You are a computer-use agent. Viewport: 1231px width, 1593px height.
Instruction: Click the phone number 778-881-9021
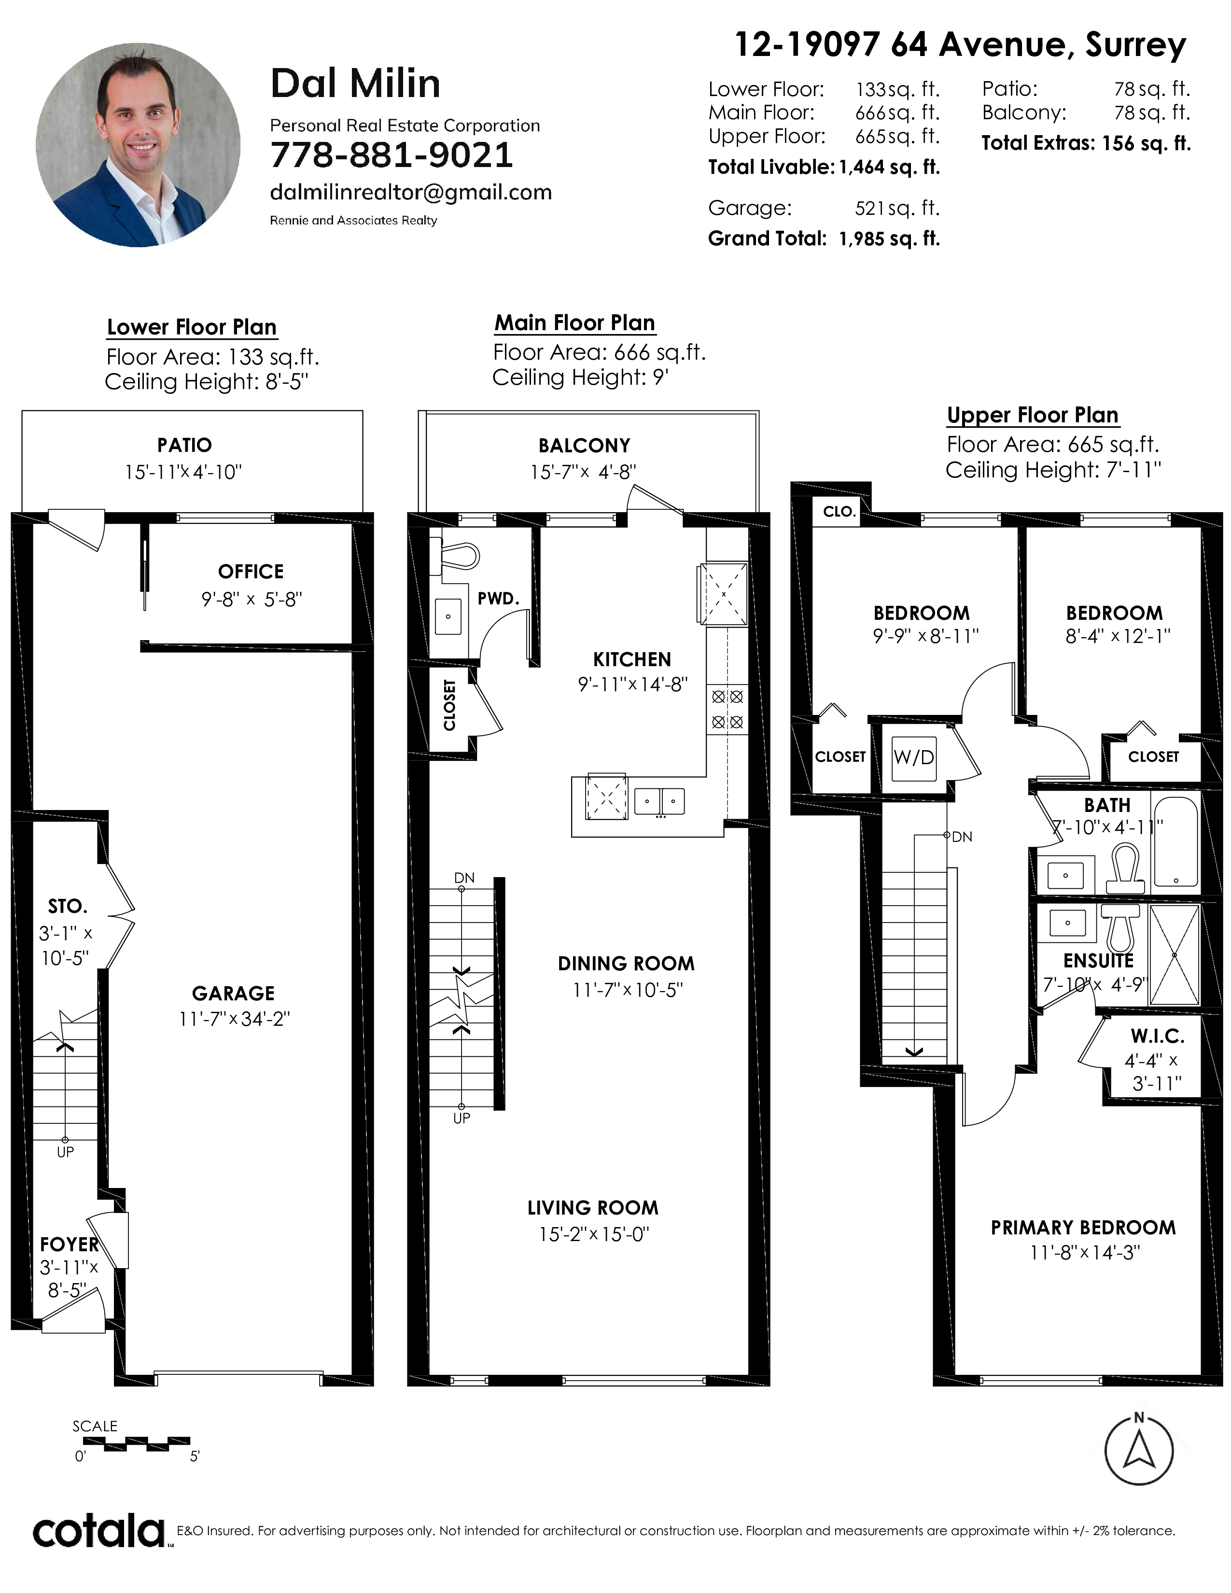tap(392, 154)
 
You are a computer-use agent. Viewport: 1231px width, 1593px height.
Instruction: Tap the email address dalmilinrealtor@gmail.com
tap(411, 193)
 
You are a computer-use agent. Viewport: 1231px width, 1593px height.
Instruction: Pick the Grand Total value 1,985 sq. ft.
tap(889, 238)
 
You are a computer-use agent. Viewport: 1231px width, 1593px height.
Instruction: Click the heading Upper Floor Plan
tap(1033, 415)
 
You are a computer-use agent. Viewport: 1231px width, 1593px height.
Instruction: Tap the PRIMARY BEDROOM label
tap(1083, 1228)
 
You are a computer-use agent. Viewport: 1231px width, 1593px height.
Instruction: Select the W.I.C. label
tap(1157, 1036)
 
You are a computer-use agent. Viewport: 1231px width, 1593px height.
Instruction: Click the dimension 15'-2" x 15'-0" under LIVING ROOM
tap(594, 1234)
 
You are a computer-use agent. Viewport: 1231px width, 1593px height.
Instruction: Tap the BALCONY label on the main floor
tap(584, 445)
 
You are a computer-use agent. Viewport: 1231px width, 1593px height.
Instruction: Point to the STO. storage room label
tap(67, 906)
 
